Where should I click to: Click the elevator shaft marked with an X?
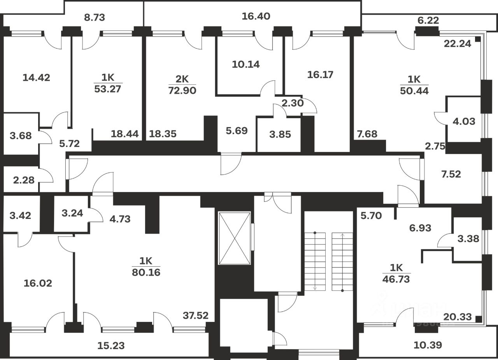234,238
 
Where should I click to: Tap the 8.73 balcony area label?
95,17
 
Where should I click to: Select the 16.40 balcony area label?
256,16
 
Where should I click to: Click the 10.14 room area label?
245,64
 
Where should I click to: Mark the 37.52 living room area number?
196,316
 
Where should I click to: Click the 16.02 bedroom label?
37,283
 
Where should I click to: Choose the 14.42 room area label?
36,77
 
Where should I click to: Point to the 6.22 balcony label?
428,20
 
